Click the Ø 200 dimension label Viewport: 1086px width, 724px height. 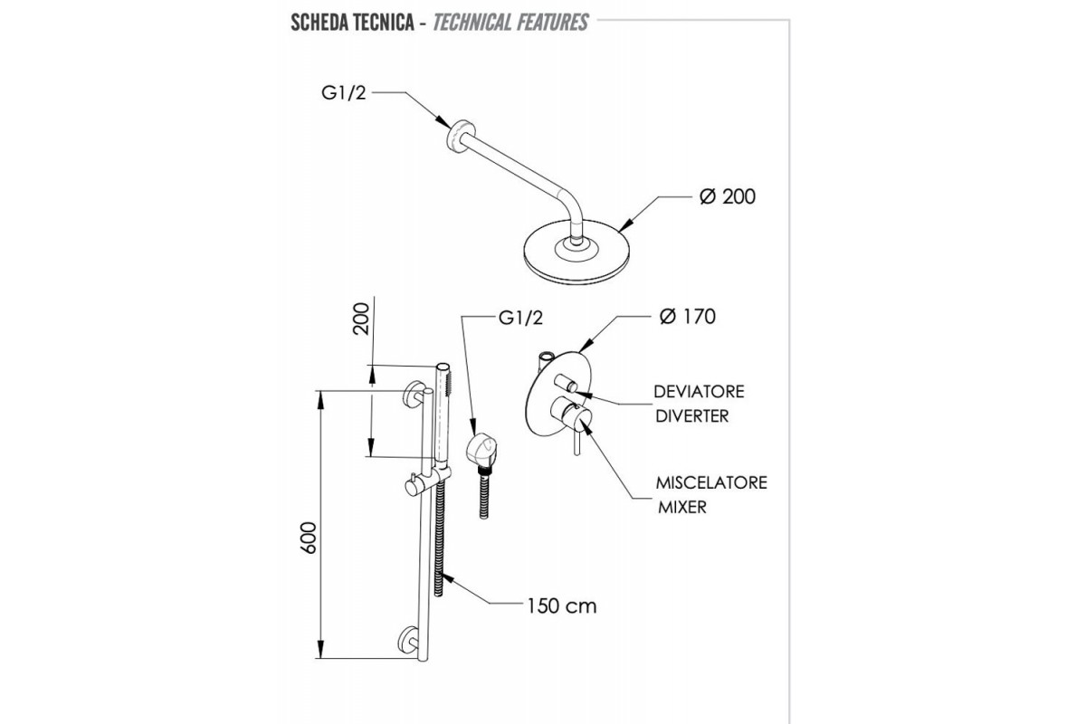(x=727, y=196)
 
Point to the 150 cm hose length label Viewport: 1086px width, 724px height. (x=562, y=605)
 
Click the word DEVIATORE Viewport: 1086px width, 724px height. (x=700, y=392)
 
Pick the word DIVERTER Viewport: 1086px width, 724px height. (x=692, y=416)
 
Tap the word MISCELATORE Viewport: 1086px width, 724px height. (x=711, y=482)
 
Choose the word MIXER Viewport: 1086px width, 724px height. (x=681, y=507)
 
